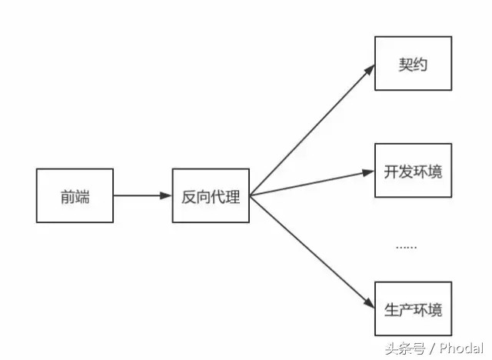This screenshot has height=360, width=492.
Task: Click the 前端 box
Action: tap(75, 196)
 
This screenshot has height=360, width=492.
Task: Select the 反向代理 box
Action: tap(210, 196)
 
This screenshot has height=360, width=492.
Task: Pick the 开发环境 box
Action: tap(413, 172)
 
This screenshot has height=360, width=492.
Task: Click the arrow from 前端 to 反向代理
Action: tap(142, 196)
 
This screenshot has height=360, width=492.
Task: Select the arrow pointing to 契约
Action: tap(311, 131)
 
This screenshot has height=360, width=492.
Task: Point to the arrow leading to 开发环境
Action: tap(311, 183)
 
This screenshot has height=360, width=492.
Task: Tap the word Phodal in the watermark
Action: tap(462, 348)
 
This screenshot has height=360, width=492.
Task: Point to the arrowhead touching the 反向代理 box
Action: tap(166, 196)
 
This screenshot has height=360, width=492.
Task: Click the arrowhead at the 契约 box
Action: tap(370, 70)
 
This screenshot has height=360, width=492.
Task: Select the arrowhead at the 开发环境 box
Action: tap(369, 172)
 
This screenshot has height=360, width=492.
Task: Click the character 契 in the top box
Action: tap(405, 65)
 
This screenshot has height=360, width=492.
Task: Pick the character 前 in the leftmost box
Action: tap(67, 197)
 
